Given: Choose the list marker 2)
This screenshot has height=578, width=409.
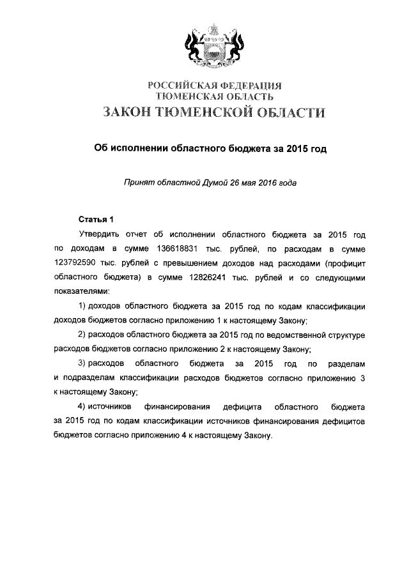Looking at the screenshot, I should click(82, 335).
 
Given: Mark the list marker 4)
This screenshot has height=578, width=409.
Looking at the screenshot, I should click(82, 407).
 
